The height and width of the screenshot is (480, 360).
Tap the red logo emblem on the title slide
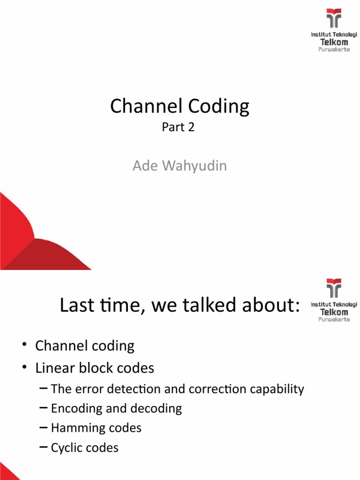(334, 19)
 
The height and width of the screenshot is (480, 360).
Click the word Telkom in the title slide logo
(334, 42)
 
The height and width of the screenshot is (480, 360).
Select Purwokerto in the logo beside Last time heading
(334, 319)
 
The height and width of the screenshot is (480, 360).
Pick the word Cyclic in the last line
(67, 448)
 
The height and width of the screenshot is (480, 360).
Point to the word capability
(278, 390)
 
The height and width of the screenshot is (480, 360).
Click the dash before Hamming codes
(44, 428)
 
